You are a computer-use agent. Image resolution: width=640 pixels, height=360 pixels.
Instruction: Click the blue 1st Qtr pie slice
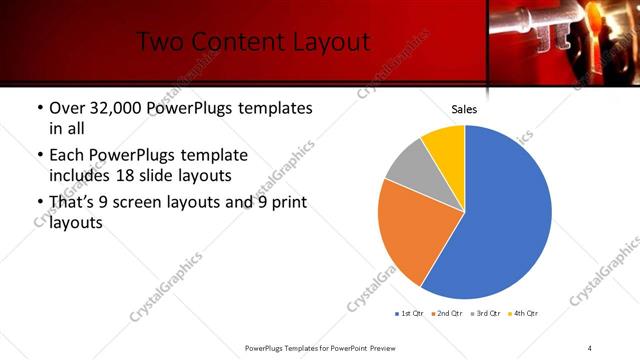coord(500,220)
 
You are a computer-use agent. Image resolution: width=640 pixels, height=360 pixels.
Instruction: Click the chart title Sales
coord(464,109)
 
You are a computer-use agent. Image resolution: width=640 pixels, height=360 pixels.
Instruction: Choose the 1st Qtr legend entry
coord(411,313)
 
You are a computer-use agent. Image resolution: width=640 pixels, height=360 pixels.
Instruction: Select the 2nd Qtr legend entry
coord(447,313)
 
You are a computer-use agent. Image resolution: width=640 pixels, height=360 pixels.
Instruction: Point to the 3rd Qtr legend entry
coord(484,313)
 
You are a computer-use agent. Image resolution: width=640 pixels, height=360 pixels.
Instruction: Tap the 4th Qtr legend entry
coord(521,313)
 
